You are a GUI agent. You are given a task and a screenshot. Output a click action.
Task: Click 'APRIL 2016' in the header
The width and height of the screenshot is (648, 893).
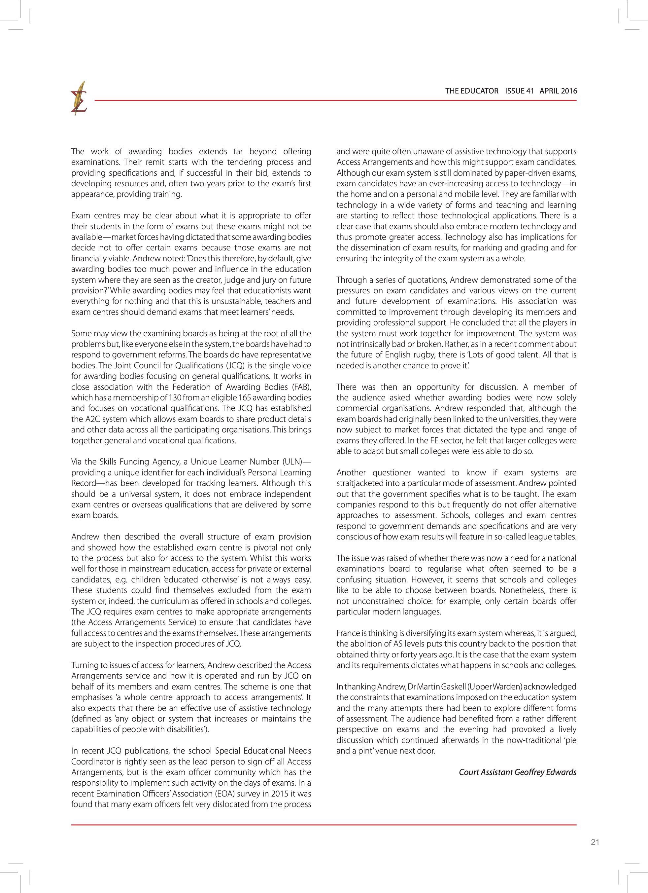click(x=558, y=91)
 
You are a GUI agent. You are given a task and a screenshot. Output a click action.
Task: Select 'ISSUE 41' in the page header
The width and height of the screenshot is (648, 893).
click(x=519, y=91)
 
